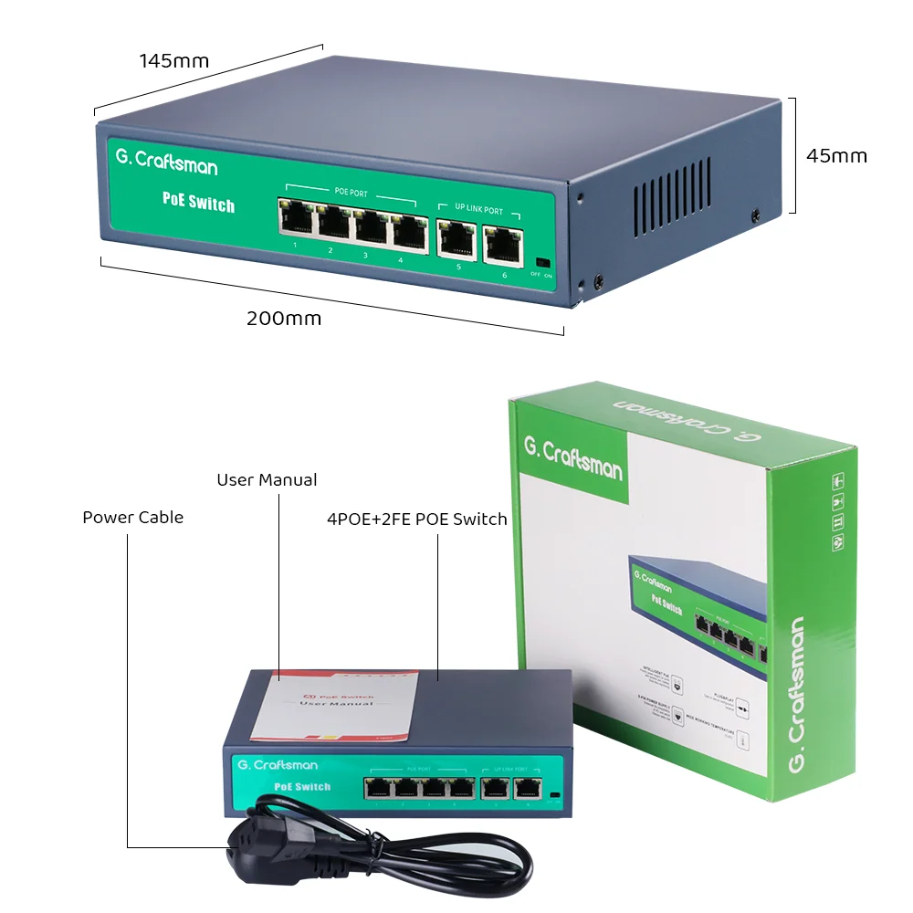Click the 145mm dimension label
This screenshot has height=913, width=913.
coord(173,61)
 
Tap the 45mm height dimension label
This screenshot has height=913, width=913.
coord(836,155)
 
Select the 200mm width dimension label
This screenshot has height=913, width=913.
coord(284,319)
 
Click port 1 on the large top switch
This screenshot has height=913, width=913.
coord(297,219)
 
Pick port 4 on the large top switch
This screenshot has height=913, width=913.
coord(410,232)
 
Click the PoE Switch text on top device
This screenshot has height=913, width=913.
coord(198,202)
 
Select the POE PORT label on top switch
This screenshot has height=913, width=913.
coord(351,194)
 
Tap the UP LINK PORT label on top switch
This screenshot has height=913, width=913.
coord(478,210)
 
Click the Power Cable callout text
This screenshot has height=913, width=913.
coord(132,518)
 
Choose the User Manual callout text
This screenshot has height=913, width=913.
coord(267,480)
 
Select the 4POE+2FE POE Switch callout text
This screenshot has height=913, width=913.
coord(416,519)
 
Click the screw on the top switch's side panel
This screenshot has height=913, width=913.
coord(755,215)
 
